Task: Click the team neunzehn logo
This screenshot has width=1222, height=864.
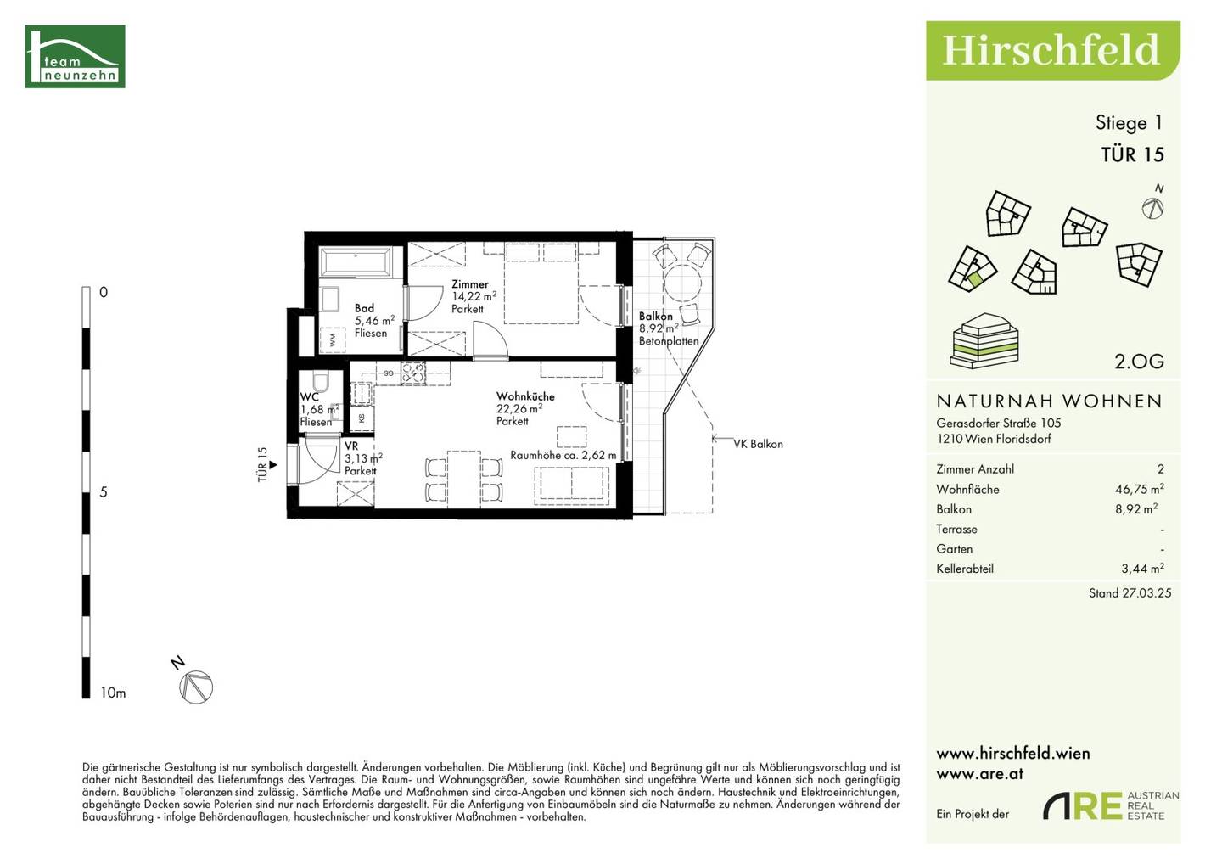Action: pos(75,56)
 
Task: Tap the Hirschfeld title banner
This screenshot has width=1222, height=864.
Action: pos(1053,51)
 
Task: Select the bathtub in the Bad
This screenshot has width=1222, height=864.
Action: pos(355,262)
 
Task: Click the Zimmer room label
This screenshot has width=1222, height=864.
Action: pos(470,284)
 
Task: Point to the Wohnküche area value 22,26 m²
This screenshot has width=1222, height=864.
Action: pos(519,408)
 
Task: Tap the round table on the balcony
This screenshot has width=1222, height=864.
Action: pos(682,283)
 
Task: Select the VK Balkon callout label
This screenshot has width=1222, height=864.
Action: pos(758,444)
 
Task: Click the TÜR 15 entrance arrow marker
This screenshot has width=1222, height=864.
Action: pos(272,465)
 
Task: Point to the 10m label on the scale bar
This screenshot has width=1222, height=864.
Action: pos(113,693)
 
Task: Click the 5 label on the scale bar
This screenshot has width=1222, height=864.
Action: pos(104,492)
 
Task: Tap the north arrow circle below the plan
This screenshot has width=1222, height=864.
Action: pos(196,687)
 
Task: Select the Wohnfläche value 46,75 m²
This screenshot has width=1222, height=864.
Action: pos(1140,489)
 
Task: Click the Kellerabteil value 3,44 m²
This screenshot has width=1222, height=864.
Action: pos(1142,569)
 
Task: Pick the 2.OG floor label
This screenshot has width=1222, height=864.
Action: pos(1139,361)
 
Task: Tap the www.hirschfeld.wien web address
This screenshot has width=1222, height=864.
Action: pos(1013,754)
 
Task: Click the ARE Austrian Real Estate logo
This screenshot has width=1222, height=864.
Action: pos(1111,805)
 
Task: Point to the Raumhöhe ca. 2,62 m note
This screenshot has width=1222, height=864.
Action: pos(563,455)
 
